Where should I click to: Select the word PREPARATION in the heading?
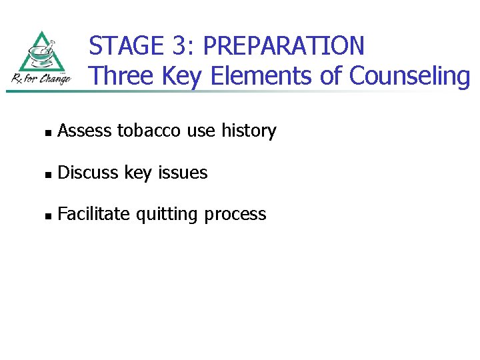point(283,46)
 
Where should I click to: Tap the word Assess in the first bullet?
point(85,131)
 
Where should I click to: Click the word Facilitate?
point(95,214)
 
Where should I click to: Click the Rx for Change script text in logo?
point(40,79)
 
